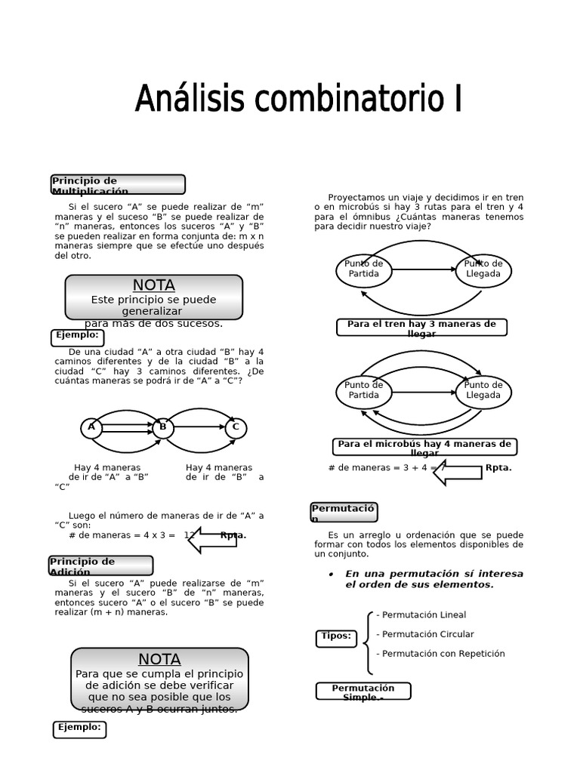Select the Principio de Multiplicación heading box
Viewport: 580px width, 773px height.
pyautogui.click(x=118, y=185)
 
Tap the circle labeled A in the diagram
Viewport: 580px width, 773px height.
pyautogui.click(x=91, y=428)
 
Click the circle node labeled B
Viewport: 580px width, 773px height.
pyautogui.click(x=162, y=428)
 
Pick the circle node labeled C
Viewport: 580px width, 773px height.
pyautogui.click(x=236, y=428)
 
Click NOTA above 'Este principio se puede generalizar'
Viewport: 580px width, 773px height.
pyautogui.click(x=154, y=285)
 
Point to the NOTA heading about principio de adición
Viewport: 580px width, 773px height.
pyautogui.click(x=159, y=659)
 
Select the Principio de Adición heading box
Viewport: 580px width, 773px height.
pyautogui.click(x=101, y=566)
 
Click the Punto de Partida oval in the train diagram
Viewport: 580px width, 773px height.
pyautogui.click(x=364, y=269)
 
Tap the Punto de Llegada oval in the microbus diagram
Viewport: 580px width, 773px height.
pyautogui.click(x=483, y=391)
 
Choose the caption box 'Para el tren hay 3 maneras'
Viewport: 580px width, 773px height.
pyautogui.click(x=421, y=328)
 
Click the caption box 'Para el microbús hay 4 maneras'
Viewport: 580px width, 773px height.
pyautogui.click(x=424, y=447)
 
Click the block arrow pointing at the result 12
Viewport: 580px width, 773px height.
pyautogui.click(x=211, y=539)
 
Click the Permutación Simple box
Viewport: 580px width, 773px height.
pyautogui.click(x=363, y=691)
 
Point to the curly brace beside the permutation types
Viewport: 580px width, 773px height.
pyautogui.click(x=367, y=642)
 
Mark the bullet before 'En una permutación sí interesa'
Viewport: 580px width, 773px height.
pyautogui.click(x=332, y=574)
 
